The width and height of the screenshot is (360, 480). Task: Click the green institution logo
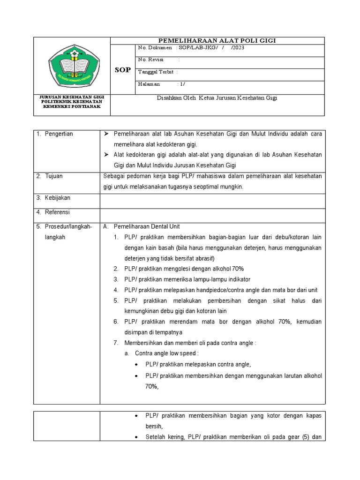point(72,66)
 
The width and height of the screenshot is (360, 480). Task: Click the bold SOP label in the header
point(123,70)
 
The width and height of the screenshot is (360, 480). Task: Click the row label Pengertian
point(59,134)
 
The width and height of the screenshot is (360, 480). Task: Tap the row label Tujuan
point(54,176)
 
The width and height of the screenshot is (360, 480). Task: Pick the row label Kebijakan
point(58,198)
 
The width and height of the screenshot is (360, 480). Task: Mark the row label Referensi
point(58,212)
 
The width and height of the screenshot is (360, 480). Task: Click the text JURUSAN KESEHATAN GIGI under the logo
point(72,97)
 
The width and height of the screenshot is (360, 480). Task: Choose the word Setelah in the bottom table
point(155,437)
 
